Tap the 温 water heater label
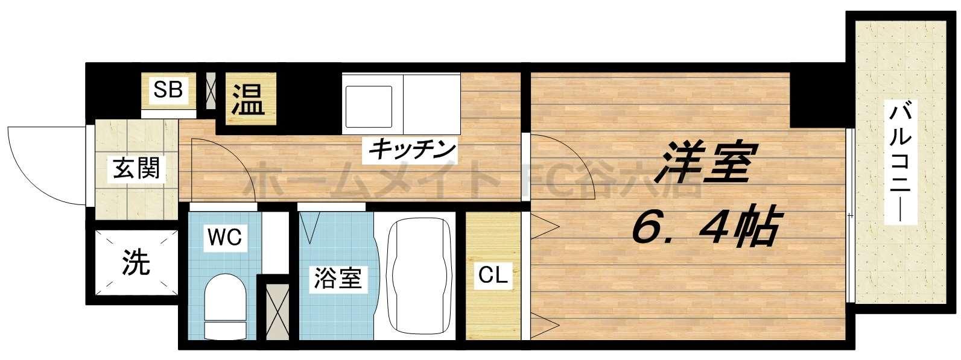tap(249, 99)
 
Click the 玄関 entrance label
tap(136, 168)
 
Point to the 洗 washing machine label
tap(136, 262)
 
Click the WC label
tap(224, 238)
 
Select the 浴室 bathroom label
tap(337, 279)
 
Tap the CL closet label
tap(493, 275)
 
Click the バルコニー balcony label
tap(902, 163)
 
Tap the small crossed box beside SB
tap(211, 90)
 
